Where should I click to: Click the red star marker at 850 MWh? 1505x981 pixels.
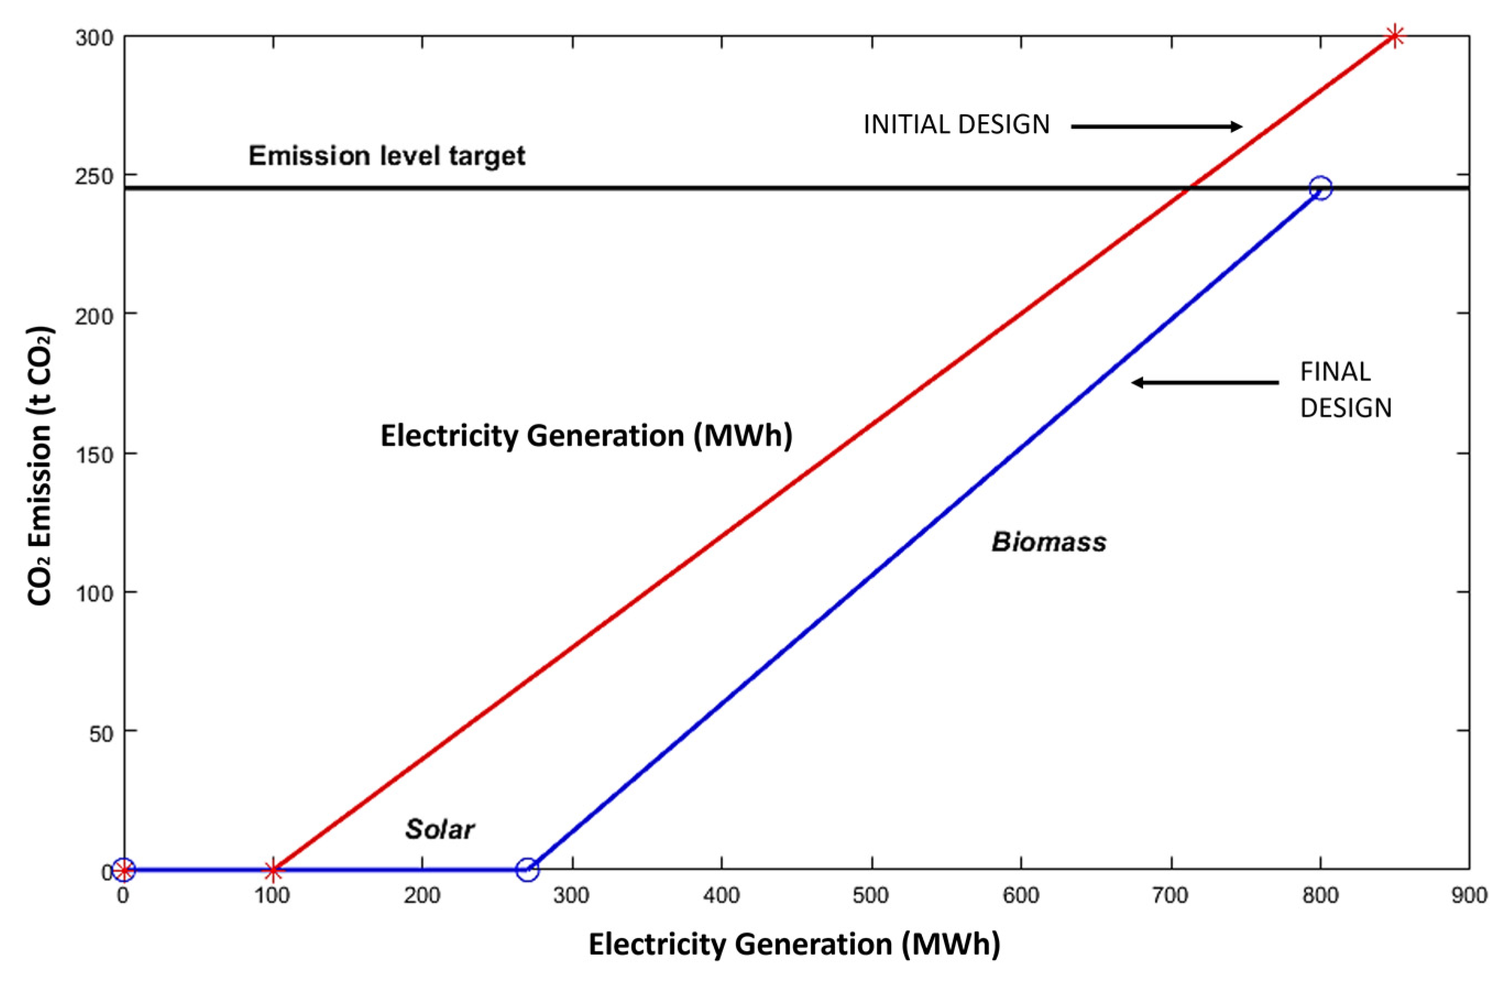coord(1394,37)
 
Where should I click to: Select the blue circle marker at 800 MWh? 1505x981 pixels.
coord(1320,188)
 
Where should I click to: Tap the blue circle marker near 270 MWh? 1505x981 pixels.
coord(528,870)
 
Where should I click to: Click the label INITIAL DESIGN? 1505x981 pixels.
coord(956,124)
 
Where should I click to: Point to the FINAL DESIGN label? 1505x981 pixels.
coord(1345,389)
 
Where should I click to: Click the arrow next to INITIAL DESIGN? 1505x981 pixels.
coord(1156,126)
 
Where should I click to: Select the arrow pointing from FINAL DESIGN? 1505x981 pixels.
coord(1205,382)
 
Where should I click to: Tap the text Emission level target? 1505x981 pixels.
coord(386,156)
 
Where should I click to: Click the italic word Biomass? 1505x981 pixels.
coord(1048,542)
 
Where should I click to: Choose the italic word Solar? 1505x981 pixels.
coord(440,829)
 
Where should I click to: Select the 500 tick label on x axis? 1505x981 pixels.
coord(871,895)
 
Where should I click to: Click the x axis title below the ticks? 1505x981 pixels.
coord(794,944)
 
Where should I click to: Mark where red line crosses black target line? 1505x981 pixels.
coord(1188,188)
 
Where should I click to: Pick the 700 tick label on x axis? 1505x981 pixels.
coord(1171,895)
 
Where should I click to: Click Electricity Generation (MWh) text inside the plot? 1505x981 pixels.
coord(586,436)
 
